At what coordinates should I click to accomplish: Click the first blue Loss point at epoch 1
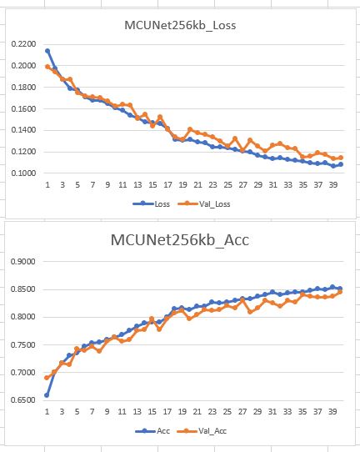pyautogui.click(x=47, y=51)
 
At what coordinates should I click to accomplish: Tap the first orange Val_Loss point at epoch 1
pyautogui.click(x=47, y=67)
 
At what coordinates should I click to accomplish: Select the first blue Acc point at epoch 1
pyautogui.click(x=47, y=395)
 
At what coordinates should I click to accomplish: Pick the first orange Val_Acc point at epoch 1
pyautogui.click(x=47, y=378)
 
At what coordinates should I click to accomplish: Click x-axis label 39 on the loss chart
pyautogui.click(x=332, y=184)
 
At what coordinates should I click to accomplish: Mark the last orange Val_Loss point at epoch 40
pyautogui.click(x=340, y=158)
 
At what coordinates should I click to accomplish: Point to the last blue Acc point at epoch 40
pyautogui.click(x=340, y=289)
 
